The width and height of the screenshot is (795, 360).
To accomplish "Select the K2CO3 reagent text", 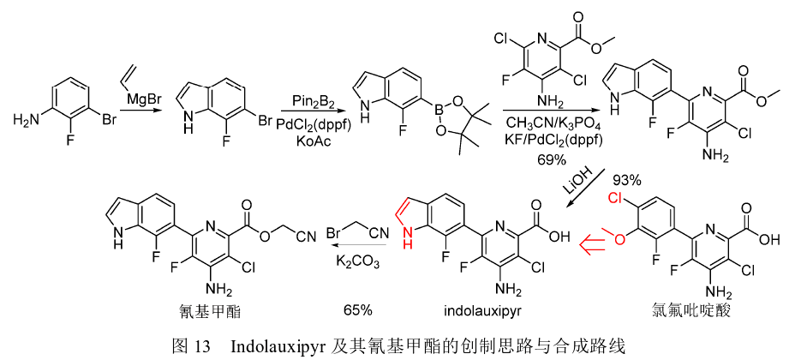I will coord(357,258).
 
